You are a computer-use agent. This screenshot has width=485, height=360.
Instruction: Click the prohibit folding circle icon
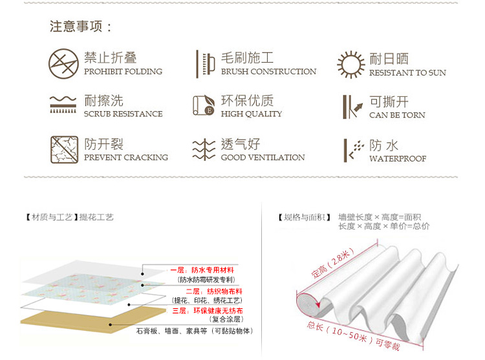pyautogui.click(x=63, y=63)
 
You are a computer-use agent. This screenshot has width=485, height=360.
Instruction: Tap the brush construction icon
pyautogui.click(x=206, y=64)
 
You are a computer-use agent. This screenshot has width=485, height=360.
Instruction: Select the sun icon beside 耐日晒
pyautogui.click(x=350, y=65)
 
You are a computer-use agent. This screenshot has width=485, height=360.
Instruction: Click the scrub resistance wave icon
pyautogui.click(x=63, y=105)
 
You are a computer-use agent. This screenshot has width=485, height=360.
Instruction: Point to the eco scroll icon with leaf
pyautogui.click(x=204, y=105)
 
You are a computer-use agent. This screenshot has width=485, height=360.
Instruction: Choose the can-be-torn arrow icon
pyautogui.click(x=352, y=107)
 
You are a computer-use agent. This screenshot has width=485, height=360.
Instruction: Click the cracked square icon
pyautogui.click(x=64, y=149)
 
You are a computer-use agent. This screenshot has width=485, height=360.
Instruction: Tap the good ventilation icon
pyautogui.click(x=204, y=149)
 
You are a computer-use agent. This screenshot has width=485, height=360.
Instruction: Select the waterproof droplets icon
pyautogui.click(x=354, y=150)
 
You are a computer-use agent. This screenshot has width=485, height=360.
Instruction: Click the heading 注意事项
pyautogui.click(x=80, y=26)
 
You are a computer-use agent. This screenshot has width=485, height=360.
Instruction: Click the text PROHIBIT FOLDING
pyautogui.click(x=123, y=72)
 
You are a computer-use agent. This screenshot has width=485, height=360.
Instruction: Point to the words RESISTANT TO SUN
pyautogui.click(x=407, y=73)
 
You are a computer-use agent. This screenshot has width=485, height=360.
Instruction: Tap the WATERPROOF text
pyautogui.click(x=398, y=159)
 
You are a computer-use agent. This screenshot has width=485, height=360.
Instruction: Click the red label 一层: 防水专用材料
pyautogui.click(x=202, y=270)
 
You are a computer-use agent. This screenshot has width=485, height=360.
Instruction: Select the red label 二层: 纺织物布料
pyautogui.click(x=214, y=291)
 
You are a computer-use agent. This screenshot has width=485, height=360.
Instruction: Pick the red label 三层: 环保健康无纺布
pyautogui.click(x=208, y=311)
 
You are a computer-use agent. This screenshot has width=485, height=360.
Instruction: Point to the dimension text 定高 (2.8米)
pyautogui.click(x=333, y=262)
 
